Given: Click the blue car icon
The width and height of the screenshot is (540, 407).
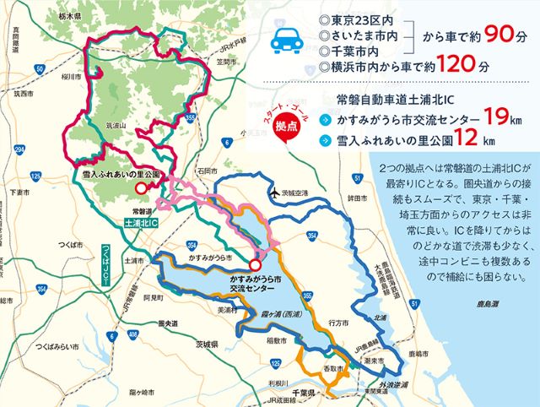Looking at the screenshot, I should (287, 39).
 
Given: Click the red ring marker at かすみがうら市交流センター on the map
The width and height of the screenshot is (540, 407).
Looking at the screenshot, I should (243, 264).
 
